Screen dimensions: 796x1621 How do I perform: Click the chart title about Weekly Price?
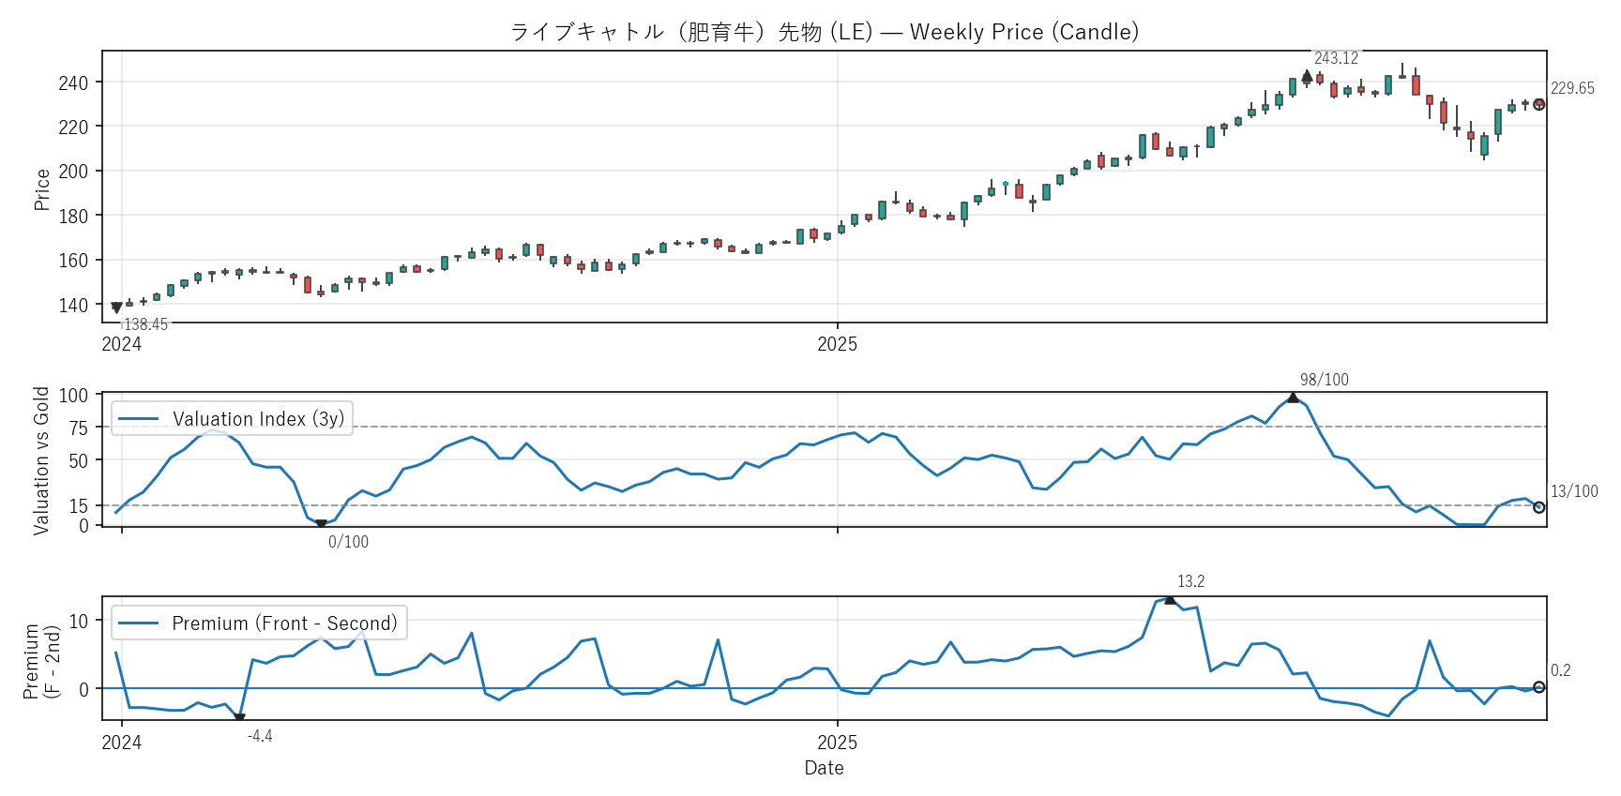(824, 32)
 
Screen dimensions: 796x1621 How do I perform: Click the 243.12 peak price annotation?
(1336, 58)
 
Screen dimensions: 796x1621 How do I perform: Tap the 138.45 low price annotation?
(145, 324)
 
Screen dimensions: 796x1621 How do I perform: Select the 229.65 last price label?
(1572, 88)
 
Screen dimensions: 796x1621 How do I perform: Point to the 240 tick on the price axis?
(73, 83)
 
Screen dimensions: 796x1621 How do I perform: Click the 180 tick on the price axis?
(73, 217)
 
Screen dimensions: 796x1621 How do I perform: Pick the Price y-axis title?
(42, 189)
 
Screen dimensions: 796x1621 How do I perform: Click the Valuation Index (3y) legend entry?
(258, 419)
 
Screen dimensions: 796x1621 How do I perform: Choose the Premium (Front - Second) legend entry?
(284, 623)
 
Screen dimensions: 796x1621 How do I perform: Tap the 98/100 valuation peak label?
(1324, 380)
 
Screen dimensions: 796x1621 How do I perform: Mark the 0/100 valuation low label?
(348, 542)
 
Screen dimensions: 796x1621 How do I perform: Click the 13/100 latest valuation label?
(1574, 491)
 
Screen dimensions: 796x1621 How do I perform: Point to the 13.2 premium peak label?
(1190, 581)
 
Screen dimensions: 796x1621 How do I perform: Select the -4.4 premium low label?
(260, 736)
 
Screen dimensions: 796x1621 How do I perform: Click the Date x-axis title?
(824, 768)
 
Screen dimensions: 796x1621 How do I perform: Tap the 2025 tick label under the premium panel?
(837, 743)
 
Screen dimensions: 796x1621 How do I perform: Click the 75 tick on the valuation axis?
(79, 428)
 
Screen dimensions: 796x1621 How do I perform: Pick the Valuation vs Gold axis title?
(41, 461)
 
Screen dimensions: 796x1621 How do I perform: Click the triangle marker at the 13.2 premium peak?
(1170, 599)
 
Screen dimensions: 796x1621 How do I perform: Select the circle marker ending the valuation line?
(1538, 507)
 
